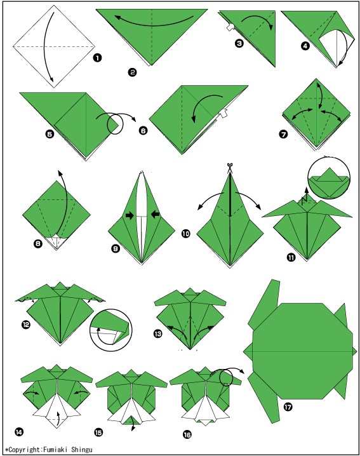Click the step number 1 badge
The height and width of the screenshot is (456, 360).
97,58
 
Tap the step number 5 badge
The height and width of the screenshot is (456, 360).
50,134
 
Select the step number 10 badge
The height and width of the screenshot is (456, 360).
186,233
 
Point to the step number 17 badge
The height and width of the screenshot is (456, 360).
288,407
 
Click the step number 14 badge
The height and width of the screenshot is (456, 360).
18,432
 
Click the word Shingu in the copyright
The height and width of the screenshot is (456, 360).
82,450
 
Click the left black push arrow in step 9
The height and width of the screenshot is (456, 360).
130,215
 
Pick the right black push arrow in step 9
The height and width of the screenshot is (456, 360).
156,215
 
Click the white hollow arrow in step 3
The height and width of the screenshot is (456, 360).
230,27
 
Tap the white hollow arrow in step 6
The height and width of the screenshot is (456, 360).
223,113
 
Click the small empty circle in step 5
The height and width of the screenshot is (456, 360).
115,124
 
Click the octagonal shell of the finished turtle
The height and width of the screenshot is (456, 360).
302,351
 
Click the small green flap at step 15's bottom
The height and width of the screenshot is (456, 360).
131,420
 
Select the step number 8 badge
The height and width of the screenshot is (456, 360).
38,243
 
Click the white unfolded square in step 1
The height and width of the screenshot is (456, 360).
54,46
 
